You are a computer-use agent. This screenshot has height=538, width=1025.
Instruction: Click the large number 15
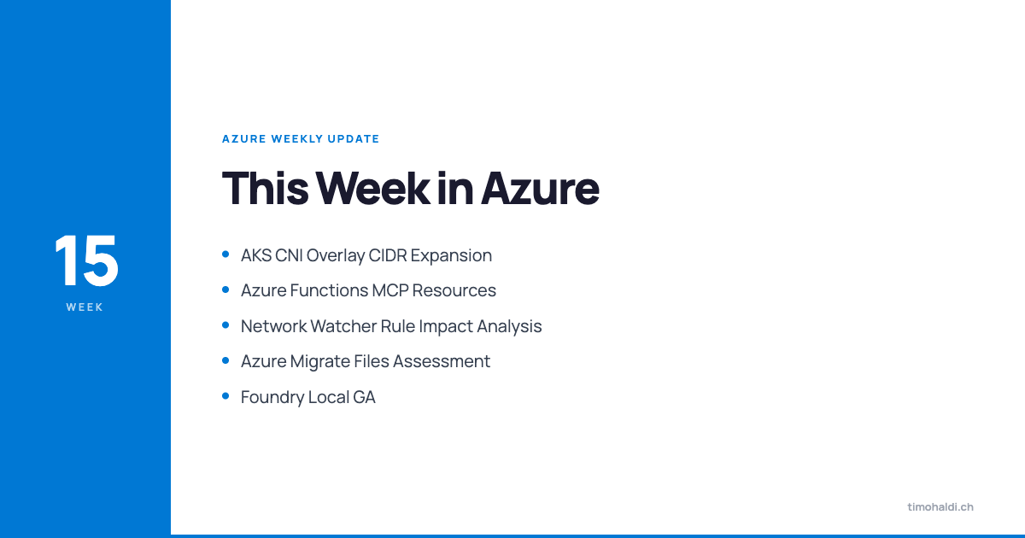[x=85, y=260]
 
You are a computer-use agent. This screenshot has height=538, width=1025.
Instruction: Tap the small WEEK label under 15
[x=85, y=307]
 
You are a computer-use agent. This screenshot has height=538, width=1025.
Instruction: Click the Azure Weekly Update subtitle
[x=301, y=138]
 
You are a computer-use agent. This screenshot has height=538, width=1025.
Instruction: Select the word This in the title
[x=266, y=188]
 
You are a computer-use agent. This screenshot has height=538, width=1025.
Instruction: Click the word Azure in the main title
[x=540, y=188]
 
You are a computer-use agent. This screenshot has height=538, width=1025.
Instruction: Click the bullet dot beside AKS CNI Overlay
[x=225, y=254]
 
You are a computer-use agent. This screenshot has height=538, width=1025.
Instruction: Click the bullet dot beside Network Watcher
[x=225, y=325]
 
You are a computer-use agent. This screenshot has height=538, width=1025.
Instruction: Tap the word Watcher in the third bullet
[x=341, y=326]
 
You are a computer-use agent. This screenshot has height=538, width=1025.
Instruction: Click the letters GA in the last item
[x=364, y=397]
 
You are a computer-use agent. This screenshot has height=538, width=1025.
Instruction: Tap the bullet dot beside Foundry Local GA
[x=225, y=396]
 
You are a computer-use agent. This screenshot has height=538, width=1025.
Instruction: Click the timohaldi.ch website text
[x=940, y=506]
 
